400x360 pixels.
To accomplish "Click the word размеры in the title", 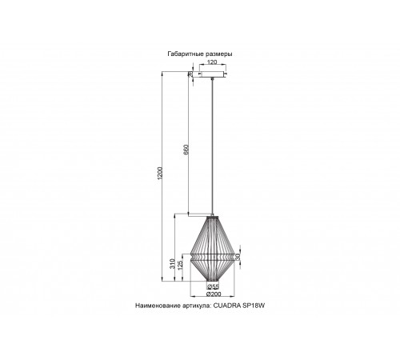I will (x=219, y=54).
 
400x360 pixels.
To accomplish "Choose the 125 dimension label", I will (x=182, y=263).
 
